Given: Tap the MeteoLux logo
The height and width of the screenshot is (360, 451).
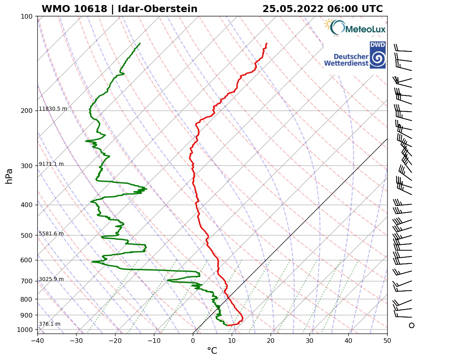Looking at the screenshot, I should (354, 28).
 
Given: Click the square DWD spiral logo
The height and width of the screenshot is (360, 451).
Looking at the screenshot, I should (377, 55).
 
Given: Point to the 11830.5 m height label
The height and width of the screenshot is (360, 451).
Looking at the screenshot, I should (53, 109).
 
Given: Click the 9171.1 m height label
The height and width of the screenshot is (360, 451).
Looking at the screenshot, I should (51, 164).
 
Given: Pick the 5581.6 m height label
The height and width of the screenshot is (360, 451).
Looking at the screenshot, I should (51, 234).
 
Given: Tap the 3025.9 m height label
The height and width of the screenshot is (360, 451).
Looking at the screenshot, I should (51, 279).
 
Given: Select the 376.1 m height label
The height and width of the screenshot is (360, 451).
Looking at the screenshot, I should (49, 324).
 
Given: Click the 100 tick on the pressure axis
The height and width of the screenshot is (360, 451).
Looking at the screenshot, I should (27, 16).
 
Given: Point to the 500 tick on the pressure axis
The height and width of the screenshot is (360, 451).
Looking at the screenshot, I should (27, 235).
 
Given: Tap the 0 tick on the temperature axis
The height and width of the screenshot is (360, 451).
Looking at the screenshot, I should (193, 340).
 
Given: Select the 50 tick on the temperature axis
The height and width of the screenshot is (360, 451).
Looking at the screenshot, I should (387, 340).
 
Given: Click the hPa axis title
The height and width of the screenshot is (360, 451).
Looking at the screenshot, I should (9, 176).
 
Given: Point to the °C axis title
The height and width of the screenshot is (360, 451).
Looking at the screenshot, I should (212, 351).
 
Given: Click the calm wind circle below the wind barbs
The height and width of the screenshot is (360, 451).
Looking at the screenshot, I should (411, 325).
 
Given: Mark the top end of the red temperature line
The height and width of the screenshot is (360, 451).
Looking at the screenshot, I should (267, 43).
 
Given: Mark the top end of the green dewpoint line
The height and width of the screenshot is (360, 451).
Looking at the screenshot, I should (140, 43).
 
